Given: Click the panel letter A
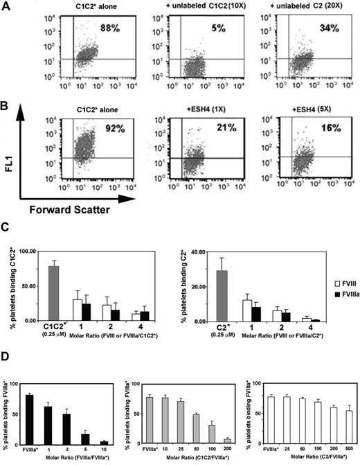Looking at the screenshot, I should click(6, 6).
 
